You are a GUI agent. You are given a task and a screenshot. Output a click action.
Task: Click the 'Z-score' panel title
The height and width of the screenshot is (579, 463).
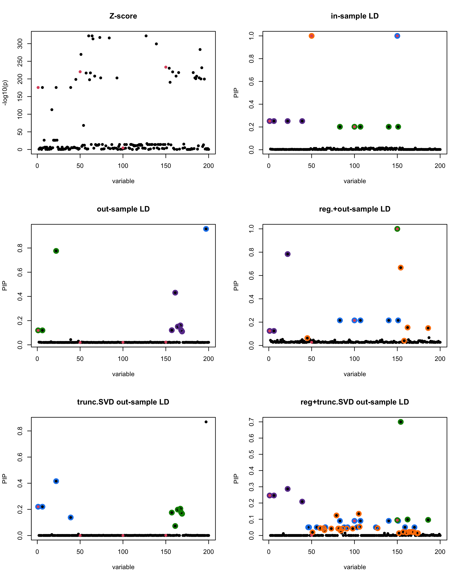(123, 16)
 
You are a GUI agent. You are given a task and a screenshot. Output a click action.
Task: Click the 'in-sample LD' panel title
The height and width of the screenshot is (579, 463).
(355, 16)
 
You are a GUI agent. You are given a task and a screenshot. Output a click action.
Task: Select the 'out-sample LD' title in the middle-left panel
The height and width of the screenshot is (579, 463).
(123, 209)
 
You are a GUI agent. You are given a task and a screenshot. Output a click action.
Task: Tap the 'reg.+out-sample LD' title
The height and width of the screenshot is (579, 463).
(355, 209)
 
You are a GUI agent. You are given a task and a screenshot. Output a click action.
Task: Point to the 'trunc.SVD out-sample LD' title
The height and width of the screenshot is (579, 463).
(123, 402)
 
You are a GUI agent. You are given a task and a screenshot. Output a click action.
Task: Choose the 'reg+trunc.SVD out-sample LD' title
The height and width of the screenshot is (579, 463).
(355, 402)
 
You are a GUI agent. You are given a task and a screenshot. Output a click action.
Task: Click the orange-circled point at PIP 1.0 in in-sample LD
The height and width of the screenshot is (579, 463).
(311, 36)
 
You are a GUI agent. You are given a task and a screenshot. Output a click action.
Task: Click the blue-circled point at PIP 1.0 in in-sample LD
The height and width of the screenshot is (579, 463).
(397, 36)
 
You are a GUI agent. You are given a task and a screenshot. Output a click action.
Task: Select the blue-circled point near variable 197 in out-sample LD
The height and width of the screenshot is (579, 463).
(206, 229)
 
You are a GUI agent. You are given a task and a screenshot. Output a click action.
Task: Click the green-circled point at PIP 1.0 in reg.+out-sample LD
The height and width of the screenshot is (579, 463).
(397, 229)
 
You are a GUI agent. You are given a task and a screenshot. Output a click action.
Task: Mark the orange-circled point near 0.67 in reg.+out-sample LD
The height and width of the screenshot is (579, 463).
(400, 267)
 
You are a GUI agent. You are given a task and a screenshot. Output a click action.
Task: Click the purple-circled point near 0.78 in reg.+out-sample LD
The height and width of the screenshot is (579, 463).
(287, 254)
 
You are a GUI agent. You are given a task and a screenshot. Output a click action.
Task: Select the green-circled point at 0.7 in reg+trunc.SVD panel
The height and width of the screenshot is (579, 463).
(400, 422)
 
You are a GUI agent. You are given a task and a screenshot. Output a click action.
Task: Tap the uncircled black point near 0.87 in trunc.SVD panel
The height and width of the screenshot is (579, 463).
(206, 422)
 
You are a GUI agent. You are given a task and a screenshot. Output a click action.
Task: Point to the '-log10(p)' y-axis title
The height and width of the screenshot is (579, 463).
(5, 93)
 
